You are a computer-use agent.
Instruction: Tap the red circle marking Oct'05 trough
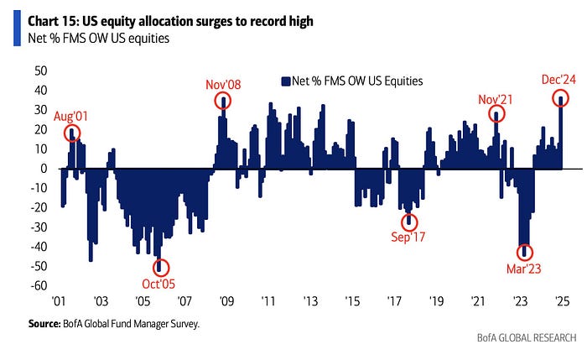pos(161,268)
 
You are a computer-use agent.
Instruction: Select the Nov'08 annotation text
pos(222,86)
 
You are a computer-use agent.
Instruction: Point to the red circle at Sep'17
pos(409,222)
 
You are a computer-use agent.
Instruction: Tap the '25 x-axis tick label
pos(562,300)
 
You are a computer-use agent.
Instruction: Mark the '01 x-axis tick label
pos(59,300)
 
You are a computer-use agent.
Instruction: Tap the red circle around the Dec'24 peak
pos(561,99)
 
